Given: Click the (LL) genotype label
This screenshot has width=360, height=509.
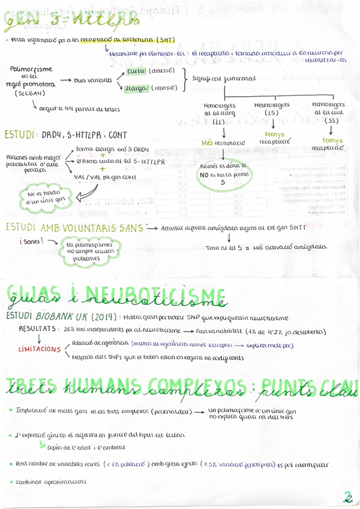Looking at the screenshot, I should (220, 122).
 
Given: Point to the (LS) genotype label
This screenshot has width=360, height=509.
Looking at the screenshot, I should (274, 113).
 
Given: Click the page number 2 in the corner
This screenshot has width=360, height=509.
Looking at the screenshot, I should (347, 497).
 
